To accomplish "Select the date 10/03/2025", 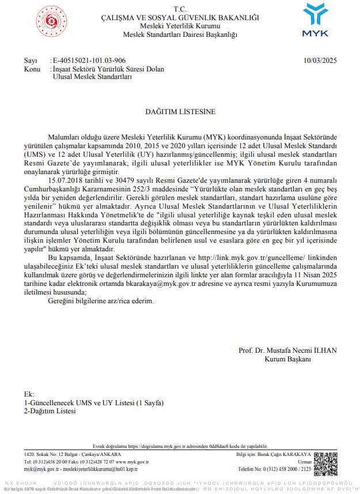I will pyautogui.click(x=320, y=61).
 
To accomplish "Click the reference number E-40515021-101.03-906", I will pyautogui.click(x=89, y=61).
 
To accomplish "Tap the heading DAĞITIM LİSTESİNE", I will pyautogui.click(x=180, y=111).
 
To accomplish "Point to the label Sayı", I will pyautogui.click(x=30, y=61).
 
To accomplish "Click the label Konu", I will pyautogui.click(x=32, y=69).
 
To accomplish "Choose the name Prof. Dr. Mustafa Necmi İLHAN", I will pyautogui.click(x=287, y=350).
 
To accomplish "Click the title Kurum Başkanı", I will pyautogui.click(x=287, y=359).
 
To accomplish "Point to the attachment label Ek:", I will pyautogui.click(x=29, y=394).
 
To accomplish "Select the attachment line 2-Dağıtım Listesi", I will pyautogui.click(x=50, y=411).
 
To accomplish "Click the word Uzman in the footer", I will pyautogui.click(x=304, y=462).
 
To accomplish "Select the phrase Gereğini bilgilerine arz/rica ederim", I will pyautogui.click(x=101, y=301).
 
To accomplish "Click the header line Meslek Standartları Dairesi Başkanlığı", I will pyautogui.click(x=180, y=35).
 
